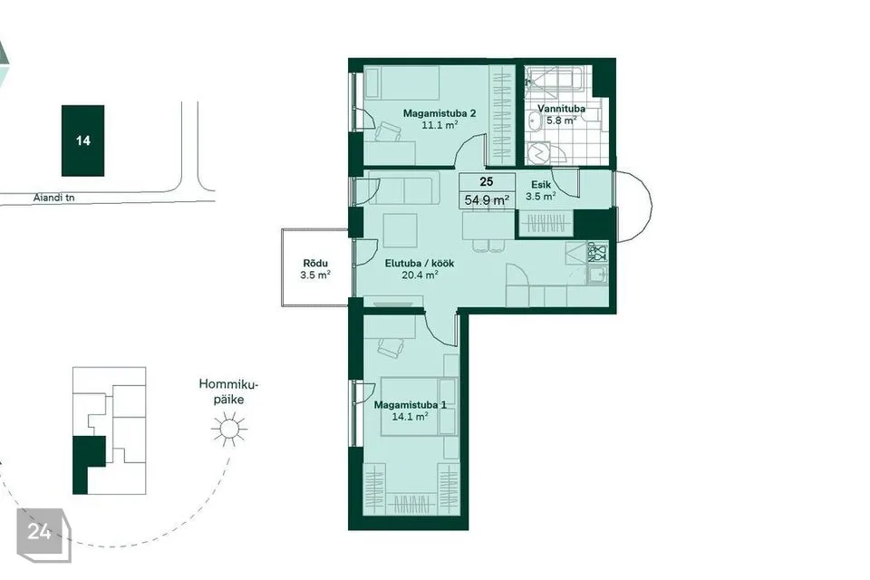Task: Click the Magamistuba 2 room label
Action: pos(439,113)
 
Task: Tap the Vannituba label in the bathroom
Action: pos(561,109)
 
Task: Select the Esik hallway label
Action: pos(540,185)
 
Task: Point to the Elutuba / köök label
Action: pos(419,263)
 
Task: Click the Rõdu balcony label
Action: pos(315,263)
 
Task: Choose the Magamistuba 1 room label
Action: pos(410,404)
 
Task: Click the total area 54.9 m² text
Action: pos(487,199)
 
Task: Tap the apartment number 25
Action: pos(487,181)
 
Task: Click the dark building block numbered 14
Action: pos(82,140)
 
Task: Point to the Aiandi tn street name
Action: pos(53,198)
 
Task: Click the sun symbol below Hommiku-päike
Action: pos(228,429)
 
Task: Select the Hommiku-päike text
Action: pos(228,391)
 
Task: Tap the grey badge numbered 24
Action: pos(43,535)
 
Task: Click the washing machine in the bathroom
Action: pos(537,154)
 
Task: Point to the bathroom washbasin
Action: pos(535,120)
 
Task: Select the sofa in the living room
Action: pos(404,188)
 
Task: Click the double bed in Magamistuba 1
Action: pos(419,406)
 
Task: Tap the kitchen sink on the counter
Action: pos(597,275)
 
